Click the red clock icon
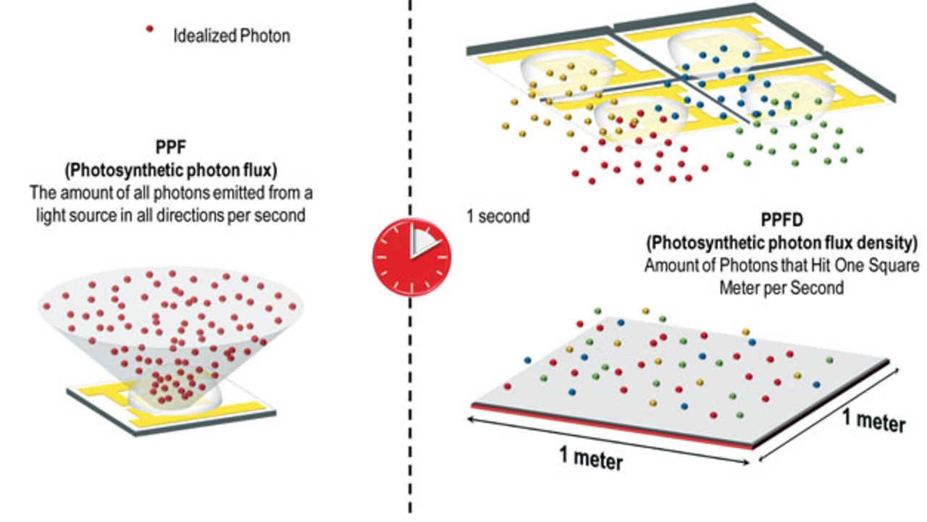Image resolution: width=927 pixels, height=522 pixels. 411,257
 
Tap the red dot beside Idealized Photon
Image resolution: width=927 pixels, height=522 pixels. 150,29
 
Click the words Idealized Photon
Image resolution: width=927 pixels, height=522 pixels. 232,36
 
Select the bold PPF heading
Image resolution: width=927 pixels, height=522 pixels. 171,147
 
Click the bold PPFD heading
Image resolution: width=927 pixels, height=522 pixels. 781,219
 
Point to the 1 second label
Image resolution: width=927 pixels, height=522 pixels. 498,216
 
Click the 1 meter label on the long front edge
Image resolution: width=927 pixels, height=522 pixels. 591,457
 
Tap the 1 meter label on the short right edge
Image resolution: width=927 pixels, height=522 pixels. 874,421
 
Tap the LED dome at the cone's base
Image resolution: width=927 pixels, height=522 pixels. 175,394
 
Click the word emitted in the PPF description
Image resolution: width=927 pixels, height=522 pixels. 238,193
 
